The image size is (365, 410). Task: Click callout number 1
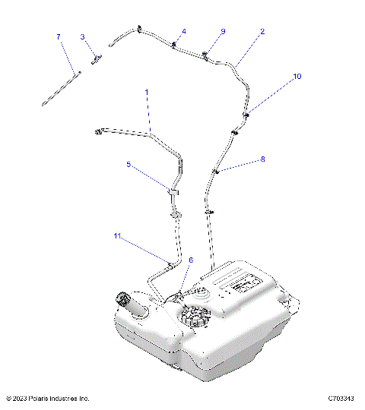tap(147, 91)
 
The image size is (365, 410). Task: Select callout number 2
tap(262, 32)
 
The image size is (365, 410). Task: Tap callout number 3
tap(82, 36)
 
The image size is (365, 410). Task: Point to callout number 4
tap(182, 32)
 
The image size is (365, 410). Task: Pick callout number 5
tap(129, 163)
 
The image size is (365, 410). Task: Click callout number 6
tap(190, 260)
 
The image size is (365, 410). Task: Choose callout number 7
tap(58, 36)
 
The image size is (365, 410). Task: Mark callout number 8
tap(263, 159)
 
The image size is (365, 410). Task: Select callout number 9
tap(223, 31)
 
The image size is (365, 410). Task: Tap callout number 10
tap(297, 77)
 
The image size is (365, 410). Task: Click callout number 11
tap(117, 236)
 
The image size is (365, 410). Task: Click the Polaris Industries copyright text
tap(47, 398)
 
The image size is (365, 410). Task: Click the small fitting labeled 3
tap(97, 58)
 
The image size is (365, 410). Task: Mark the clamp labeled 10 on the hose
tap(247, 115)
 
